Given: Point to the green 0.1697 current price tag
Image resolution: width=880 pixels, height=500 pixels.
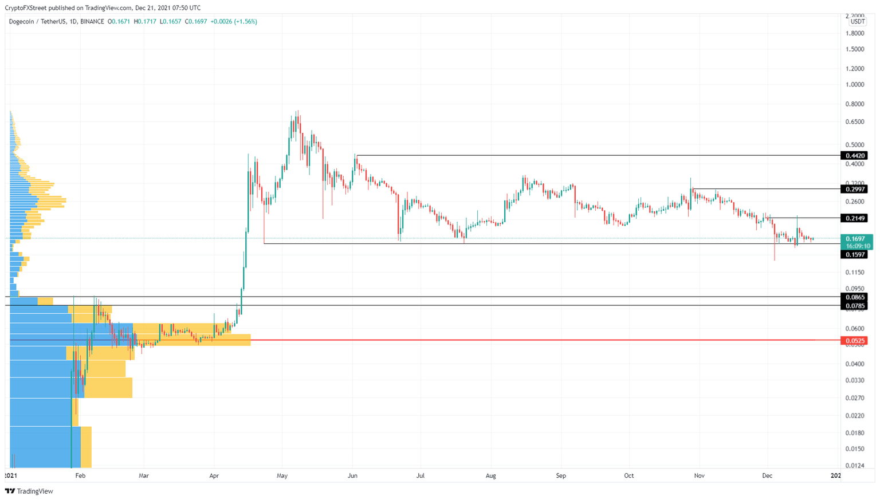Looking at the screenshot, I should pyautogui.click(x=857, y=238).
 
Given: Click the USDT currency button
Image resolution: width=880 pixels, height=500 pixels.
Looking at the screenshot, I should pyautogui.click(x=857, y=22).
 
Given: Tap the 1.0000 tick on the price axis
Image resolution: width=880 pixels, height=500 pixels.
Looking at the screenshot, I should pyautogui.click(x=855, y=85).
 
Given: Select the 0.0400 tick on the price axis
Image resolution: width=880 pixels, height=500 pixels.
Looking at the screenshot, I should pyautogui.click(x=855, y=364).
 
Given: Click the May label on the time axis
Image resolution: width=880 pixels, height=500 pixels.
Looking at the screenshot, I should pyautogui.click(x=282, y=475).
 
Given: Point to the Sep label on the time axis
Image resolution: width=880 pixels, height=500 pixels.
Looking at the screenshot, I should pyautogui.click(x=561, y=475).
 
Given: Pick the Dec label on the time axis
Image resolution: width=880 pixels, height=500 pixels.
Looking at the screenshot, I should pyautogui.click(x=767, y=475).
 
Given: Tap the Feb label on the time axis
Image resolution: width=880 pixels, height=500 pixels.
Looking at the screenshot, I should pyautogui.click(x=80, y=475).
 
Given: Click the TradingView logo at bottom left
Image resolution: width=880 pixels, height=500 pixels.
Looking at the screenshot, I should pyautogui.click(x=29, y=491).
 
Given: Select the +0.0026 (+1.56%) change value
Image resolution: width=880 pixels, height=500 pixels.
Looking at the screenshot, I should pyautogui.click(x=234, y=22).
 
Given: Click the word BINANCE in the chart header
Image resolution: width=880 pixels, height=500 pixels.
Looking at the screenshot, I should pyautogui.click(x=92, y=22).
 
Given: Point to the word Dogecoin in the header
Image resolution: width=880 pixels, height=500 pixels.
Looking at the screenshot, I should pyautogui.click(x=21, y=22).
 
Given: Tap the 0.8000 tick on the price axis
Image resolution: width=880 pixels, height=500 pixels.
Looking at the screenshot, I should pyautogui.click(x=855, y=104).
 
